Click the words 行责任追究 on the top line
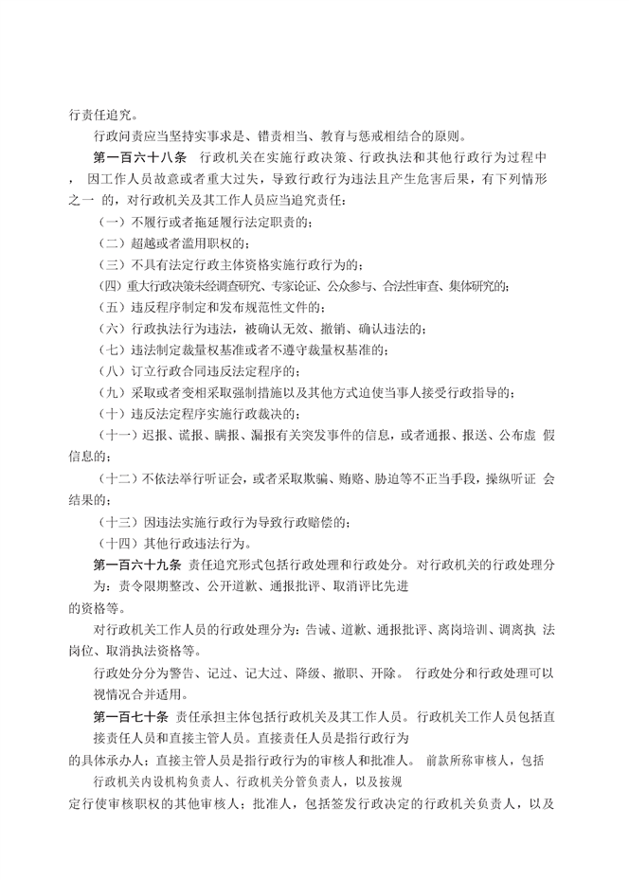pos(92,110)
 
